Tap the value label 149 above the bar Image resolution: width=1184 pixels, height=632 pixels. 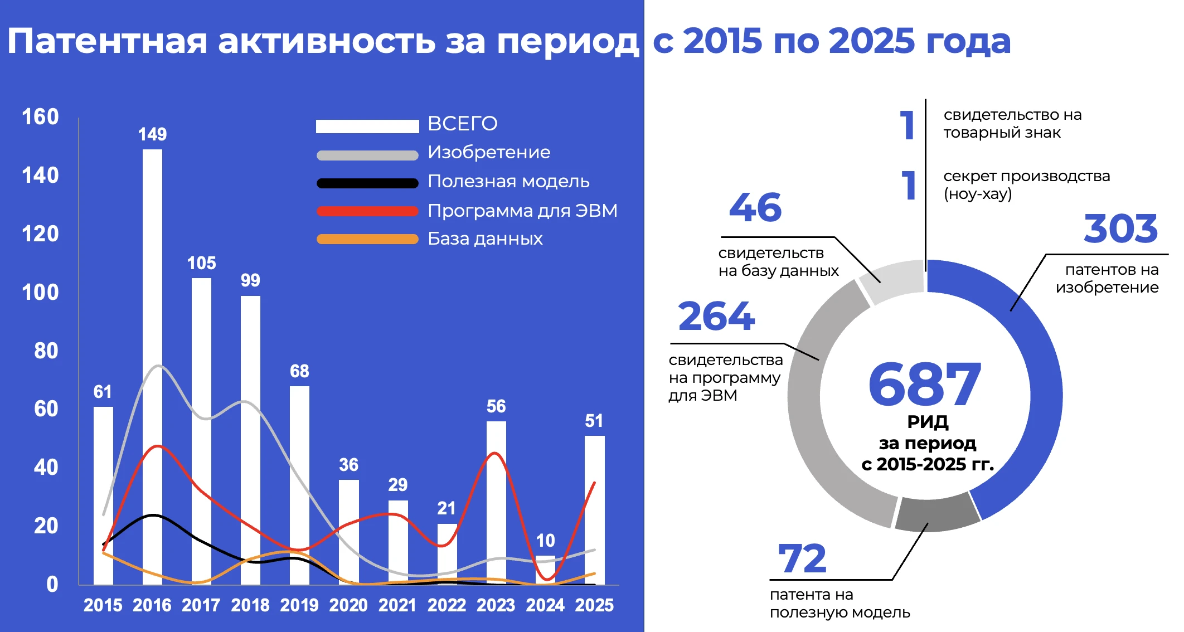152,134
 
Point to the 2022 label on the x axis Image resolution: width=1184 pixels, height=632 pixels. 447,605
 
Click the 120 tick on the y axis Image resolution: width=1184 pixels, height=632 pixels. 40,234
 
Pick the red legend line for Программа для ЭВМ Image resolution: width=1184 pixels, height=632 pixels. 367,211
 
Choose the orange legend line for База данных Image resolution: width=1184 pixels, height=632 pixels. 367,239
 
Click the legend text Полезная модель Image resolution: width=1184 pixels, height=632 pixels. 508,182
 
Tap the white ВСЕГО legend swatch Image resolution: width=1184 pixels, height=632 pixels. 367,127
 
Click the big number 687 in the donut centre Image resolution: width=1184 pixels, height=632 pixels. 925,385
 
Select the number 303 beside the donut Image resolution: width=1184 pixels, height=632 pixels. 1120,229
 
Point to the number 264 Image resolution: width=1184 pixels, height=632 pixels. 716,317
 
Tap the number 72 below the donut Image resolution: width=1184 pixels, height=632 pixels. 802,559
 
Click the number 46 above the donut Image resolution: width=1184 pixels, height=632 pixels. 755,208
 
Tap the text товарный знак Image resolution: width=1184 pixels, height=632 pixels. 1002,133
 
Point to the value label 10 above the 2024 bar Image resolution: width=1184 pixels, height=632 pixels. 545,541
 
